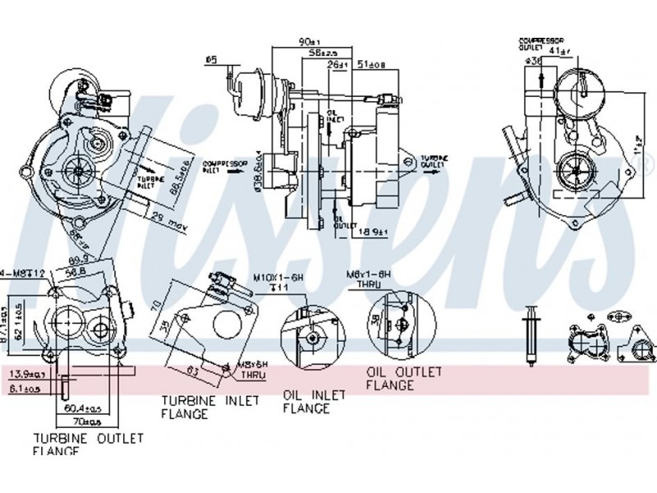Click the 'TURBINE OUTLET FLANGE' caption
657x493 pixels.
tap(88, 444)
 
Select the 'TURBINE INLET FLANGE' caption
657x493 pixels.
tap(210, 407)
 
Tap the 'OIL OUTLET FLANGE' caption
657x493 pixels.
tap(403, 378)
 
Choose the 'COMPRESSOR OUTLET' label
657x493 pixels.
tap(538, 43)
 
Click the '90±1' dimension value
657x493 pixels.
tap(308, 39)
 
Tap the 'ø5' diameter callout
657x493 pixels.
tap(211, 59)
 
